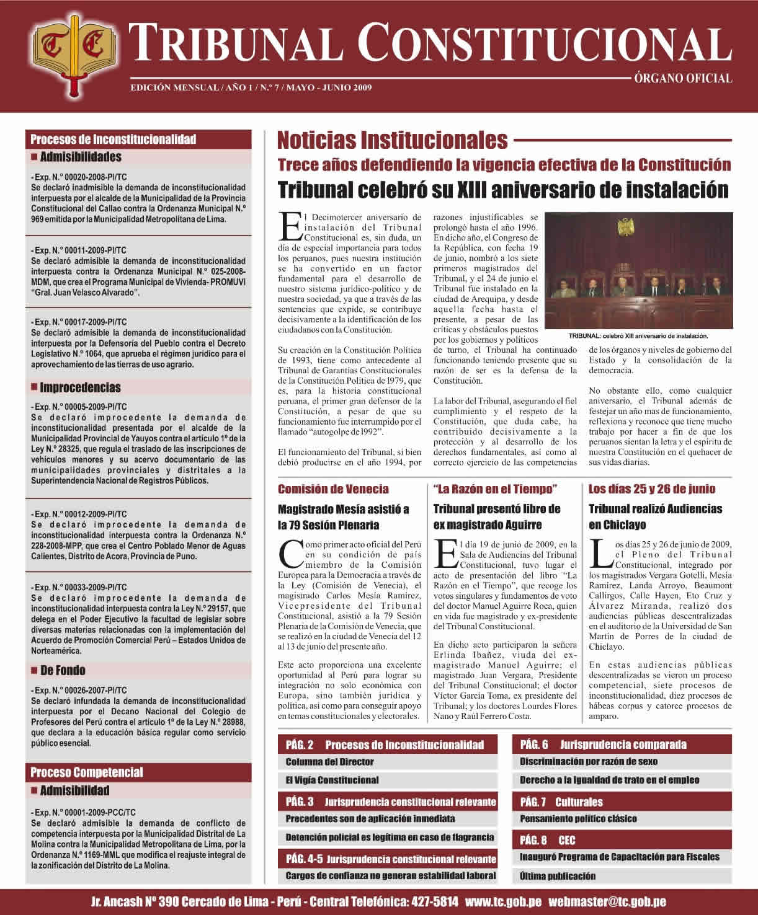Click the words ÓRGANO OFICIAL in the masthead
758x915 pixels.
click(682, 79)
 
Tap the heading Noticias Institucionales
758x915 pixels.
click(392, 140)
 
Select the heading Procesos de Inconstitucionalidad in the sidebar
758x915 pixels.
click(114, 139)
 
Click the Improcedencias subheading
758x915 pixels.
click(80, 388)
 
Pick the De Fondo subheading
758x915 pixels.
click(63, 670)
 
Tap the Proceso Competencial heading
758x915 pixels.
click(87, 772)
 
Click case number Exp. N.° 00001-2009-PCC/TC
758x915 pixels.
click(83, 812)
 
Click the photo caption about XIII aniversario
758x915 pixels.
click(638, 336)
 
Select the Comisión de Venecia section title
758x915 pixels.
click(334, 489)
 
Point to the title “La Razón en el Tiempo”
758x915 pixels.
click(495, 489)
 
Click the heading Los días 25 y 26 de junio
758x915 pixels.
click(651, 489)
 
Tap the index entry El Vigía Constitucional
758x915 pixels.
click(332, 780)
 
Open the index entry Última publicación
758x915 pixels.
click(558, 876)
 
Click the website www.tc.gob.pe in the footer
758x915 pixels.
click(502, 901)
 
